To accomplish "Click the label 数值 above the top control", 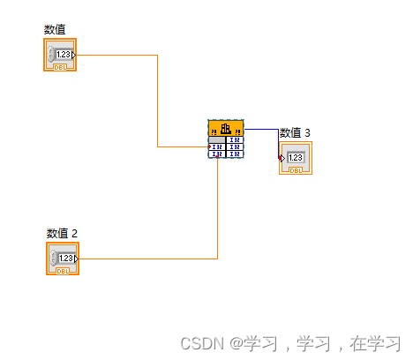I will tap(55, 30).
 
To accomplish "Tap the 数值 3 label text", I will tap(295, 133).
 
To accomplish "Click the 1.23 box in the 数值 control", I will tap(64, 55).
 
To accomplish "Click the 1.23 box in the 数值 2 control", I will tap(66, 259).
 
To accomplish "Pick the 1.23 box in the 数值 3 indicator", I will tap(296, 158).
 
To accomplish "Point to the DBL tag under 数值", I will tap(60, 66).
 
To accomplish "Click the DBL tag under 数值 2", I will tap(63, 271).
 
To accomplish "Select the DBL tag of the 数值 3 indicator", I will tap(296, 170).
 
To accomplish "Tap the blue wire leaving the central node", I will tap(261, 129).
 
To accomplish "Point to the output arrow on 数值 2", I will tap(76, 259).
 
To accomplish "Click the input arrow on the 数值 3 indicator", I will tap(282, 158).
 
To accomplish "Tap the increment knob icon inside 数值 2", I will tap(54, 259).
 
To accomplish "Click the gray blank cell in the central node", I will tap(217, 139).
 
